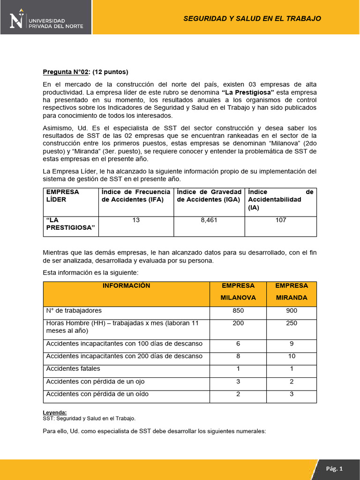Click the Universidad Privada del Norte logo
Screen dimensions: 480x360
point(47,20)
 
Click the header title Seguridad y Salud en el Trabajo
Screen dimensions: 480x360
point(252,18)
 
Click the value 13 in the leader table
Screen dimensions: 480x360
point(136,220)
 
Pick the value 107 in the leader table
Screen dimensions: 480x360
point(280,220)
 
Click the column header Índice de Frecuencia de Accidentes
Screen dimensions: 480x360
point(136,195)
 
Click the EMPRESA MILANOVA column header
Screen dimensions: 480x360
point(238,292)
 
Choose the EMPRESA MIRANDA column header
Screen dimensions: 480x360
point(291,292)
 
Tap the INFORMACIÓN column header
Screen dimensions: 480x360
point(127,285)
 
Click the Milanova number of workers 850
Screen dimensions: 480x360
point(238,311)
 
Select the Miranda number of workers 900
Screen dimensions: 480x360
point(291,311)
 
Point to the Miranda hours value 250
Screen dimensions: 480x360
point(291,323)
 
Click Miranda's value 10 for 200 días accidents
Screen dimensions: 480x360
point(291,356)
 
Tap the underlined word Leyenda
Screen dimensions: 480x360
point(54,412)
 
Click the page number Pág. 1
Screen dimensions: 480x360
point(335,469)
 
